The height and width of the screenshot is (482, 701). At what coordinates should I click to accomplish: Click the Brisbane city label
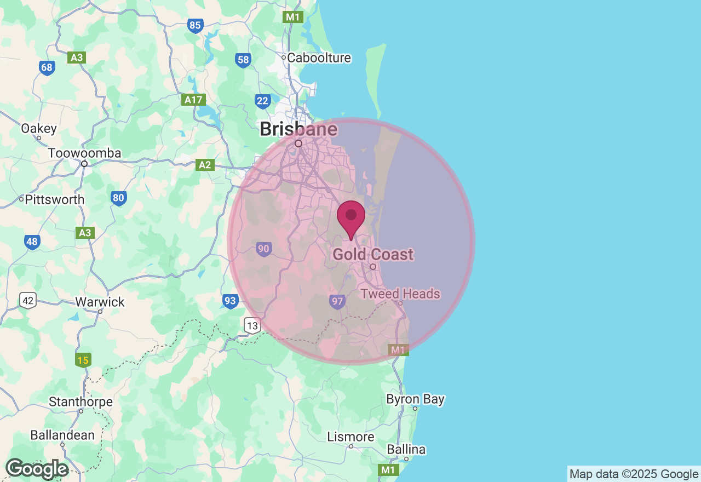(x=298, y=129)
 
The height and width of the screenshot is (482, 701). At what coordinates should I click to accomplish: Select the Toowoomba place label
(x=84, y=153)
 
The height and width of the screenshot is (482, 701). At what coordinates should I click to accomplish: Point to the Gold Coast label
(x=373, y=255)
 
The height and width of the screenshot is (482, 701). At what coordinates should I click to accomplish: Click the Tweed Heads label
(x=400, y=294)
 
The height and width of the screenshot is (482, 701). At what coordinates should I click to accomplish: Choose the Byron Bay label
(x=415, y=399)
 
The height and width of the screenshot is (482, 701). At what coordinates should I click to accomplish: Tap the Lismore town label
(x=350, y=437)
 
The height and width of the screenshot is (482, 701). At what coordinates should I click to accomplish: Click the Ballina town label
(x=406, y=450)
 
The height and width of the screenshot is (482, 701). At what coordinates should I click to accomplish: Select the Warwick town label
(x=100, y=302)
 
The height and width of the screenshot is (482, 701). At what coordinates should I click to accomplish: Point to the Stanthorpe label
(x=81, y=402)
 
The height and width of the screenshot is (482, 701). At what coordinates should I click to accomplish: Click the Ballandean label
(x=62, y=435)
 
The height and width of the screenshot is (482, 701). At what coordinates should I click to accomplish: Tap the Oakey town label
(x=39, y=129)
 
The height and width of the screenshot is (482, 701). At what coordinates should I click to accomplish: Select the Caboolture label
(x=319, y=58)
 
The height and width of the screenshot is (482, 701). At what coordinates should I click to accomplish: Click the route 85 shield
(x=195, y=25)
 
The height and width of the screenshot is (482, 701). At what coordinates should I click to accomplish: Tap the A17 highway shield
(x=194, y=100)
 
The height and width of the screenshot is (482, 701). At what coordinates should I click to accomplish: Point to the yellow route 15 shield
(x=83, y=360)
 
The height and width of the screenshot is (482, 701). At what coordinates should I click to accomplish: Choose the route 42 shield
(x=28, y=300)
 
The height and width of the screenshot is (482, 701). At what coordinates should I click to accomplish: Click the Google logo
(x=37, y=469)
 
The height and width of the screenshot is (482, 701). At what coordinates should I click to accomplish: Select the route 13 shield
(x=252, y=326)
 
